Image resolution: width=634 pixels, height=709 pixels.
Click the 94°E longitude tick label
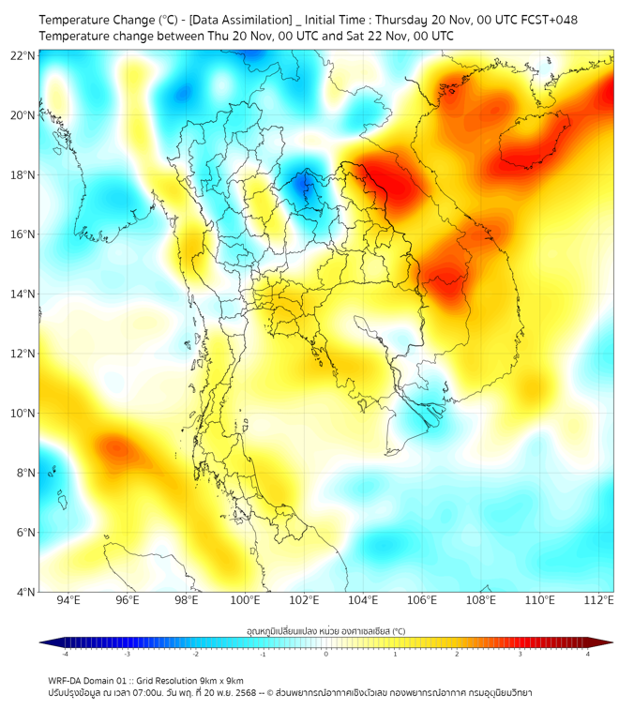coord(68,600)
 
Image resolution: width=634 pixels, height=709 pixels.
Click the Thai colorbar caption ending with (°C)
coord(326,631)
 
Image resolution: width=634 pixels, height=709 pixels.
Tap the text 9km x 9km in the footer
coord(219,680)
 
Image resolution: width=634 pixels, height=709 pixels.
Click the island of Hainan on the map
coord(535,141)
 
